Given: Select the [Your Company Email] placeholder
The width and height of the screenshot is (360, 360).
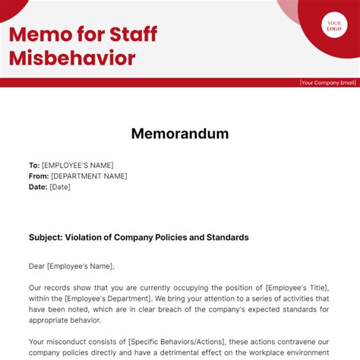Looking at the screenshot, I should (327, 83).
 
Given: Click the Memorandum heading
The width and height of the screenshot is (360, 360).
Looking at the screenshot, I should (180, 134).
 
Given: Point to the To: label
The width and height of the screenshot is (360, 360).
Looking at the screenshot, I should (34, 165).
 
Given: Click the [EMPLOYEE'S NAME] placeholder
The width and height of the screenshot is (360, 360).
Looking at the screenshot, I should (77, 165).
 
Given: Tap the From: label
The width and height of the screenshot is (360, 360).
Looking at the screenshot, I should (39, 176).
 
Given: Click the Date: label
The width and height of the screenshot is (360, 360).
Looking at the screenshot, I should (38, 187).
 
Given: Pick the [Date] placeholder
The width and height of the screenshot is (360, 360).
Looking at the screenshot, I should (60, 187).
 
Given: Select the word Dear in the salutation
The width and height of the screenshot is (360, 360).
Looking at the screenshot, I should (39, 266).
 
